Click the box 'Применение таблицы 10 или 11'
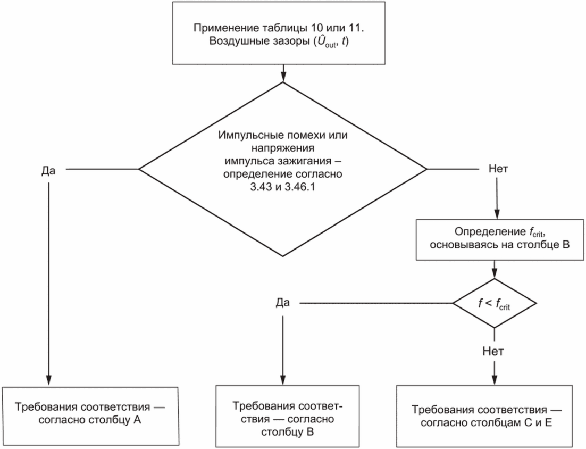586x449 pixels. tap(279, 33)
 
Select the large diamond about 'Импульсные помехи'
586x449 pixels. tap(283, 169)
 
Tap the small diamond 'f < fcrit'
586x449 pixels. tap(495, 303)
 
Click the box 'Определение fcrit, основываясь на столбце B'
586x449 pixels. tap(500, 239)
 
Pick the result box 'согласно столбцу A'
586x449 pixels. tap(90, 417)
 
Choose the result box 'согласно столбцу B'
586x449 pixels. tap(287, 417)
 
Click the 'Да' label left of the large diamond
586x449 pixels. tap(48, 171)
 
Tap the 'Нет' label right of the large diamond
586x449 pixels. tap(498, 169)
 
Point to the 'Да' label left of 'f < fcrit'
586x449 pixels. tap(282, 303)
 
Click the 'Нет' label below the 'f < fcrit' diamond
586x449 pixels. tap(493, 351)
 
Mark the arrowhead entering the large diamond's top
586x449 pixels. tap(283, 77)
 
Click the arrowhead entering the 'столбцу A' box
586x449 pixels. tap(48, 380)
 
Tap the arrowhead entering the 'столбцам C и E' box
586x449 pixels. tap(495, 380)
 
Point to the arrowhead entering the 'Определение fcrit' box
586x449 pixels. tap(497, 214)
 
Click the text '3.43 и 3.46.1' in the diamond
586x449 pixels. tap(283, 187)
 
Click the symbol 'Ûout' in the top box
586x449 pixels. tap(325, 41)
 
